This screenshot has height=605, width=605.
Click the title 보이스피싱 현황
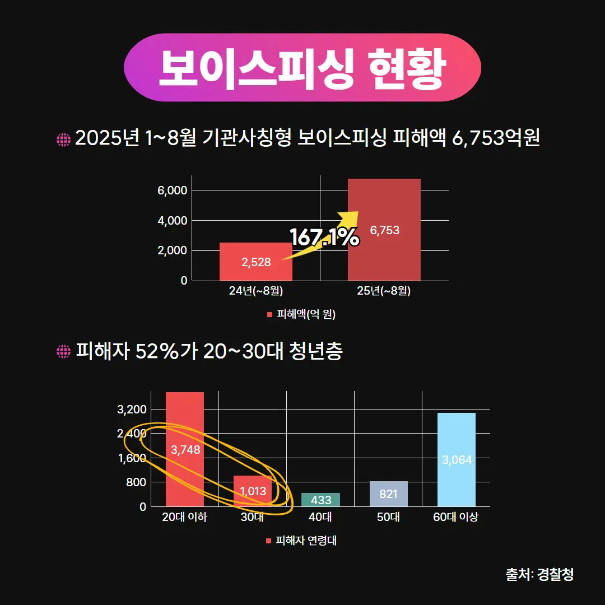point(302,68)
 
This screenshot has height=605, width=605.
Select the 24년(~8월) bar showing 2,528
point(256,262)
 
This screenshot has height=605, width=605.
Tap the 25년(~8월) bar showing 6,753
point(384,230)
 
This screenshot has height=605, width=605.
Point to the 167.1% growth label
point(324,237)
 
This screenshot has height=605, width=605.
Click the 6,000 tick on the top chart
point(172,190)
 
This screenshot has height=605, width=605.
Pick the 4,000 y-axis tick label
point(172,221)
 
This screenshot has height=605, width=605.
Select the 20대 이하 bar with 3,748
point(185,449)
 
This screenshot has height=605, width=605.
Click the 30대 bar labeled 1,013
point(253,491)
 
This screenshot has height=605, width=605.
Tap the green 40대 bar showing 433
point(320,500)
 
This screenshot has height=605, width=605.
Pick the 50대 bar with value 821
point(388,494)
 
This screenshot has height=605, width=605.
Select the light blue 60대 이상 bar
point(457,460)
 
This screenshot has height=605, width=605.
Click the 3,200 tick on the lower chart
point(132,409)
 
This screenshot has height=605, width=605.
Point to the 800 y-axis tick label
point(136,482)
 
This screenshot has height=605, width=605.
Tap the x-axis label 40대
point(320,518)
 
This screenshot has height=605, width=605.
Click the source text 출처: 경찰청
point(539,575)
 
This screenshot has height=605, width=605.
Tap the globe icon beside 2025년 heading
point(63,139)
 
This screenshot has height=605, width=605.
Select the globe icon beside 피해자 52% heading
point(63,352)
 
